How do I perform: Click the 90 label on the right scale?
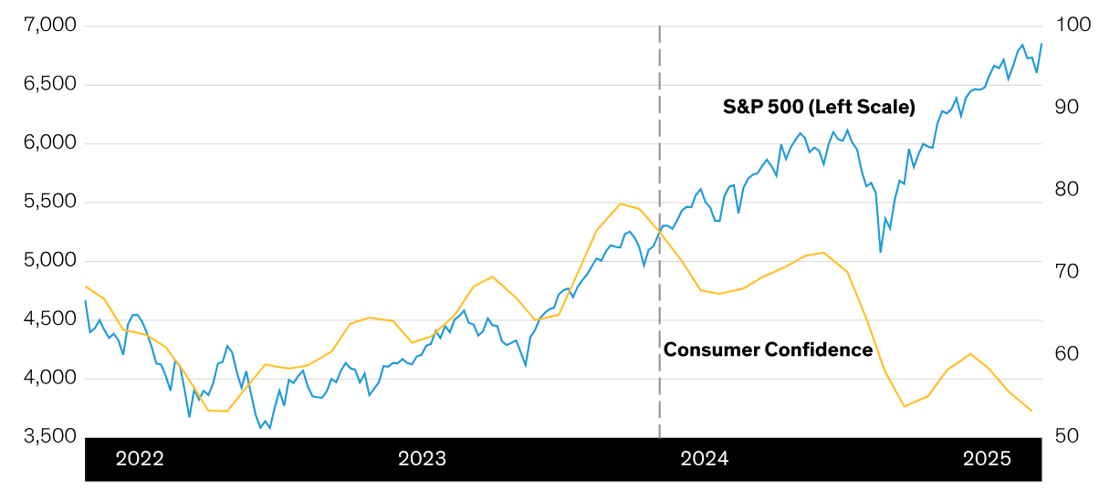pyautogui.click(x=1066, y=108)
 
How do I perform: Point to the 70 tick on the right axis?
pyautogui.click(x=1066, y=272)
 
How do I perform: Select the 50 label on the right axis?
pyautogui.click(x=1066, y=436)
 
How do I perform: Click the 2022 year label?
pyautogui.click(x=140, y=459)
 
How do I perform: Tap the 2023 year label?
pyautogui.click(x=422, y=459)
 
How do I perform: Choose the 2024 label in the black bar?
pyautogui.click(x=705, y=459)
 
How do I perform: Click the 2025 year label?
pyautogui.click(x=988, y=459)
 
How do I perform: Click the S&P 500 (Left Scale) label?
pyautogui.click(x=819, y=107)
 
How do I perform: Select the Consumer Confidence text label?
pyautogui.click(x=768, y=350)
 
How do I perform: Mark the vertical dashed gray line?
pyautogui.click(x=659, y=228)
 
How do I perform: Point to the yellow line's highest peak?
pyautogui.click(x=620, y=204)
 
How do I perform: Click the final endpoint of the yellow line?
pyautogui.click(x=1031, y=411)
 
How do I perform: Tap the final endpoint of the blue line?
pyautogui.click(x=1041, y=44)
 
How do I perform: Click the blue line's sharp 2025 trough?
pyautogui.click(x=881, y=252)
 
